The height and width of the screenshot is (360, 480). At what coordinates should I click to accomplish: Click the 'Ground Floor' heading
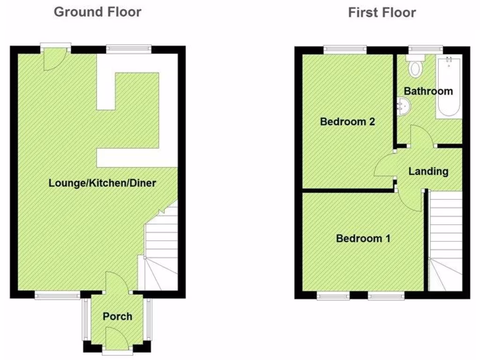(x=97, y=12)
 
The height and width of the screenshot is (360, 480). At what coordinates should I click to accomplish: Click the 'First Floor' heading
(x=382, y=12)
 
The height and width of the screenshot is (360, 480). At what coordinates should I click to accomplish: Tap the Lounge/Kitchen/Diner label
(x=102, y=183)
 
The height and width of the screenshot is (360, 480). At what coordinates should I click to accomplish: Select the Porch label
(x=117, y=316)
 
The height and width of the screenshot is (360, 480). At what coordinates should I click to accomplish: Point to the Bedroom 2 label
(x=347, y=122)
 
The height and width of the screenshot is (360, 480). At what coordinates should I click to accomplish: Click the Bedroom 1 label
(x=363, y=239)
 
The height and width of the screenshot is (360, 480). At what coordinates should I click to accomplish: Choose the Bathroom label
(x=428, y=91)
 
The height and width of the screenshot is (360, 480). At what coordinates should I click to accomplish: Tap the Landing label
(x=428, y=172)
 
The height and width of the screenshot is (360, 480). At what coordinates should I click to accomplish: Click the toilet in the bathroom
(x=414, y=68)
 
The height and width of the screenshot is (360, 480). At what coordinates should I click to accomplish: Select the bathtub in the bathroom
(x=449, y=88)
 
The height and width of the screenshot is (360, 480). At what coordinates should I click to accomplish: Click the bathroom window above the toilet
(x=425, y=48)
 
